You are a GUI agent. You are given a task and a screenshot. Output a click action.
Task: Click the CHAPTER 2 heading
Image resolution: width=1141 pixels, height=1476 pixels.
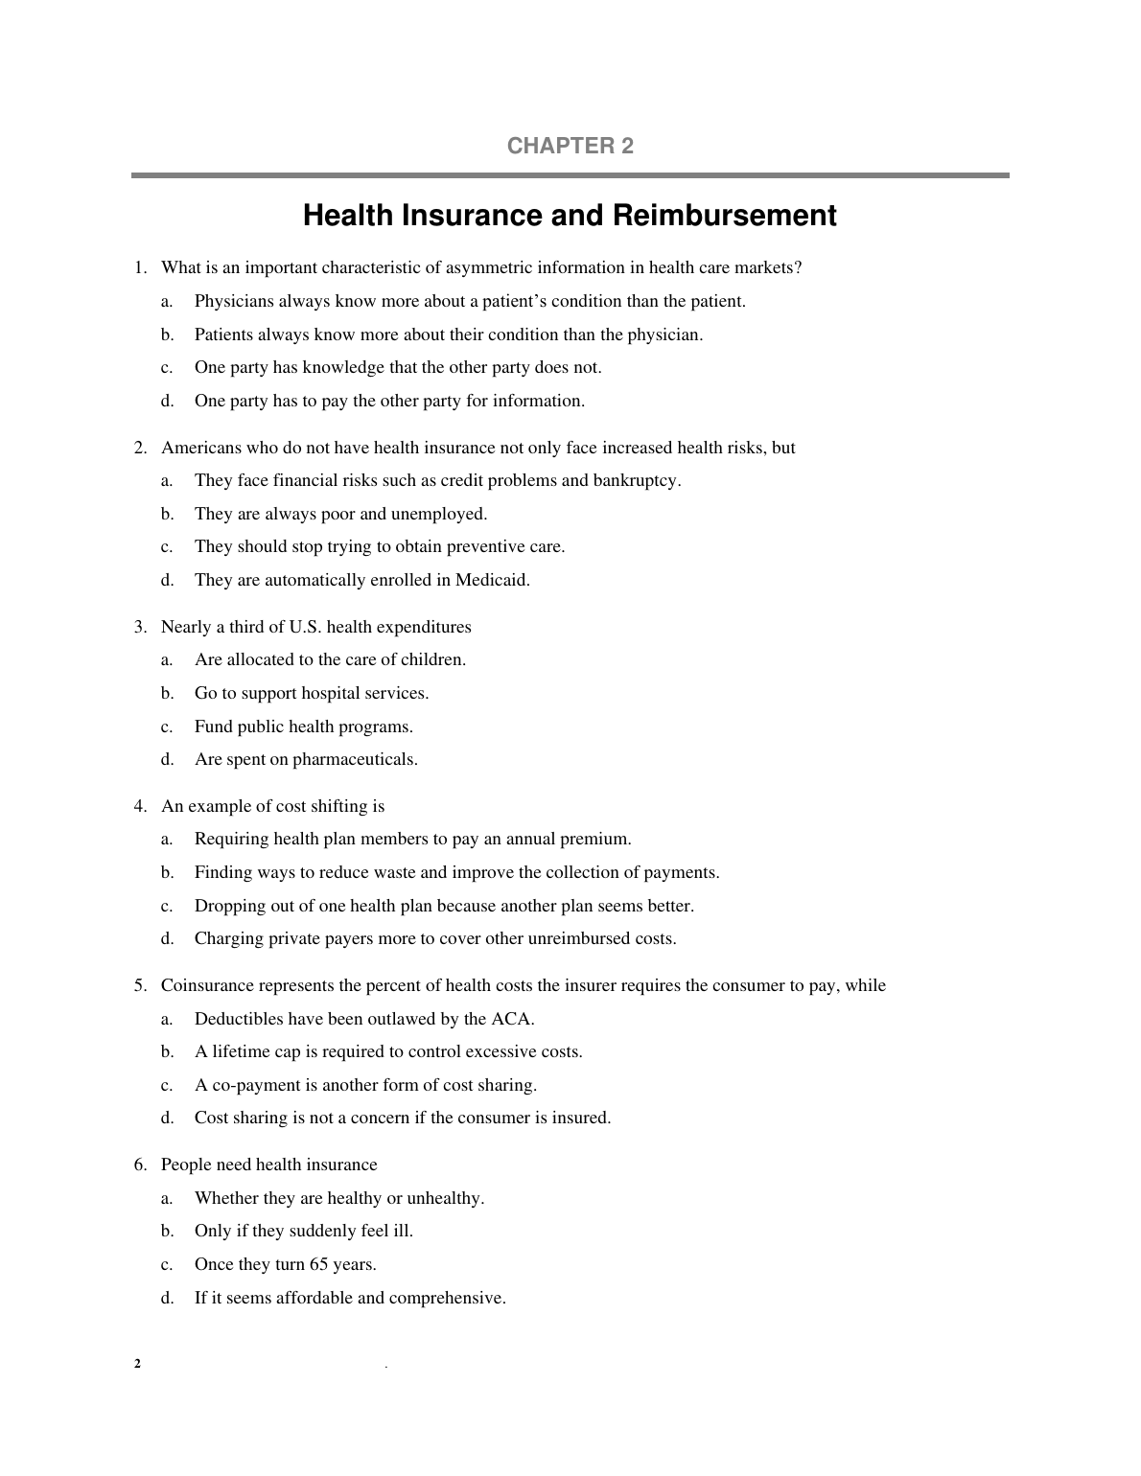(570, 146)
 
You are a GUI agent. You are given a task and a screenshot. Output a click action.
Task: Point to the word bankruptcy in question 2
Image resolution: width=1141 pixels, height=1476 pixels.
(636, 480)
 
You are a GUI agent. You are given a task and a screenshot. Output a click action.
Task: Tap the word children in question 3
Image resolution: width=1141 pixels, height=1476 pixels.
(433, 659)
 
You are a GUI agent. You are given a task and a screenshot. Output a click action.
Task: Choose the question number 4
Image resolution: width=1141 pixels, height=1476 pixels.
(140, 806)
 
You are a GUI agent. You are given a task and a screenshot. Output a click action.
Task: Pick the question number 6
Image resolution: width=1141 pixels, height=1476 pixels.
(140, 1165)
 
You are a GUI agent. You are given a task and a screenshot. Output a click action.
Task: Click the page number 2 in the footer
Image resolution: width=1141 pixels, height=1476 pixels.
(137, 1365)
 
